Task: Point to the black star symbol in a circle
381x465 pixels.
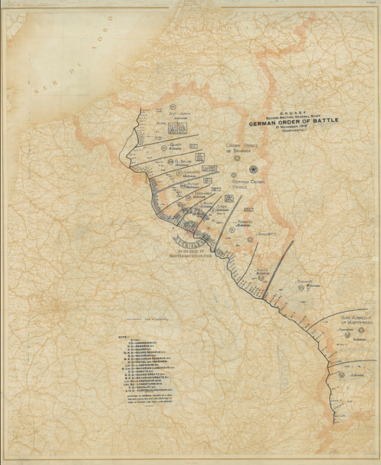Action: [253, 169]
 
